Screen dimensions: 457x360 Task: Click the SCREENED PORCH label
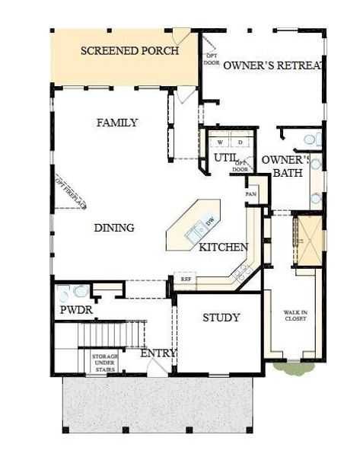129,51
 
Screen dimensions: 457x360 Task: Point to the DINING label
114,228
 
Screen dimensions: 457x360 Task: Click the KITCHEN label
223,248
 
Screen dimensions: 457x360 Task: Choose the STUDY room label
221,317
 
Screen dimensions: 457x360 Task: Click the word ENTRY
158,353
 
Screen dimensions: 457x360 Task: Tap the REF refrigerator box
185,280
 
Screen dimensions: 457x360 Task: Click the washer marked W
221,142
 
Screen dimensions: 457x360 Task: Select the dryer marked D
239,142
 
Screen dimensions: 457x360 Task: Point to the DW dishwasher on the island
209,222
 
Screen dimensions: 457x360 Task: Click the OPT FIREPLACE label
70,191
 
